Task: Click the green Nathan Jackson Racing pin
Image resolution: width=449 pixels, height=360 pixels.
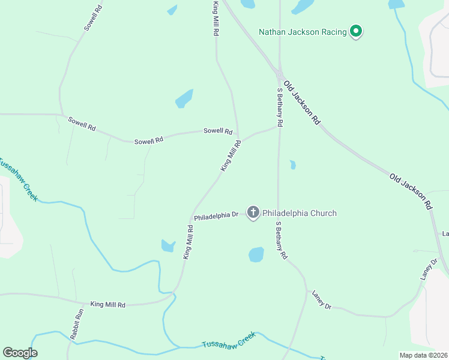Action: [x=355, y=31]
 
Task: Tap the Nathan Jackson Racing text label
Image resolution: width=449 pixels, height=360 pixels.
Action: [x=303, y=32]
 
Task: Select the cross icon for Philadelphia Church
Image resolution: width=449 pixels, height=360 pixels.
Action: [x=253, y=212]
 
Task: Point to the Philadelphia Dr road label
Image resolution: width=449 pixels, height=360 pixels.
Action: [x=216, y=215]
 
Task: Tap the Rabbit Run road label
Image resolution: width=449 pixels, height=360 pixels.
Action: [x=76, y=325]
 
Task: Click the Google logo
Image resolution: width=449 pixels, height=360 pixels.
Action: [x=20, y=353]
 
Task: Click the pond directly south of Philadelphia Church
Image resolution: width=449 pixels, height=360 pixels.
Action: [x=256, y=255]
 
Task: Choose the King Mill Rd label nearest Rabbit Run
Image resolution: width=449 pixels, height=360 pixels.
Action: [x=107, y=305]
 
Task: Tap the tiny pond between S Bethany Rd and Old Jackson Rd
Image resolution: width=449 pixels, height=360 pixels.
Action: [x=292, y=164]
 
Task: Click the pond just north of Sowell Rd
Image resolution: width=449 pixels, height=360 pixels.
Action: [x=184, y=98]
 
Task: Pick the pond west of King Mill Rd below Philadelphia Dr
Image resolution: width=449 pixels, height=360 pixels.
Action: [x=168, y=245]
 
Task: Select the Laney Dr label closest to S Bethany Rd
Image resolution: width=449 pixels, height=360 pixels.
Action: [x=321, y=299]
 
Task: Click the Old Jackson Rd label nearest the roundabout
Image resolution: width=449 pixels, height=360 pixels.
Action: [x=301, y=102]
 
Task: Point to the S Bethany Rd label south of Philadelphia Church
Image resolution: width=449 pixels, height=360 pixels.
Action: [x=280, y=241]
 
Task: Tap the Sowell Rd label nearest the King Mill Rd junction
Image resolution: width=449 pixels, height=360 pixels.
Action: [x=217, y=131]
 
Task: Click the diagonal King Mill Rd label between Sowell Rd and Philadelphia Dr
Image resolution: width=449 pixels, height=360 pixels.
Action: [x=231, y=156]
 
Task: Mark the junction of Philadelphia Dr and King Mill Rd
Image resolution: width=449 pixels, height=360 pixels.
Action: [x=193, y=218]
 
